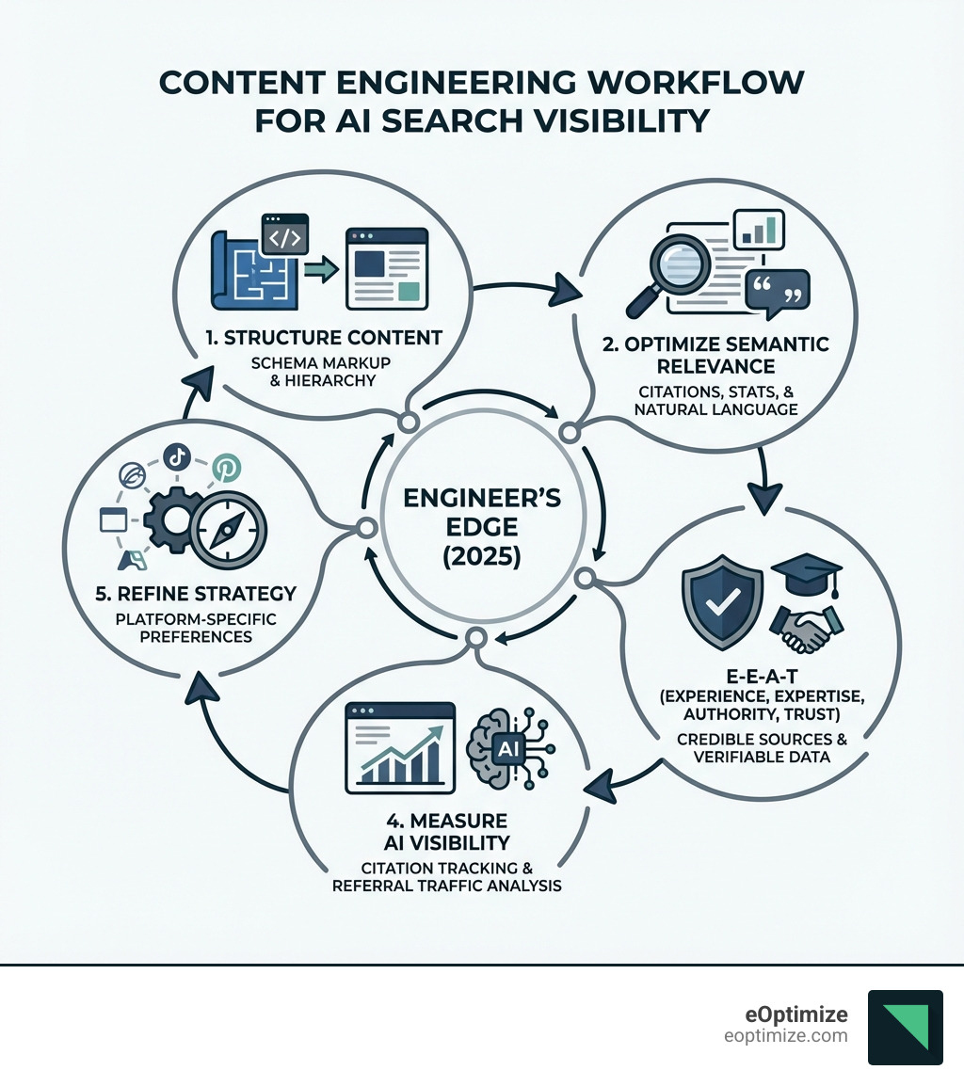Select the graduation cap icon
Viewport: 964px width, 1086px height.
tap(805, 573)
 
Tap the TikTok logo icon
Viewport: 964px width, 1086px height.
tap(178, 456)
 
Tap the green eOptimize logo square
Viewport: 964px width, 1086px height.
tap(905, 1027)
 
